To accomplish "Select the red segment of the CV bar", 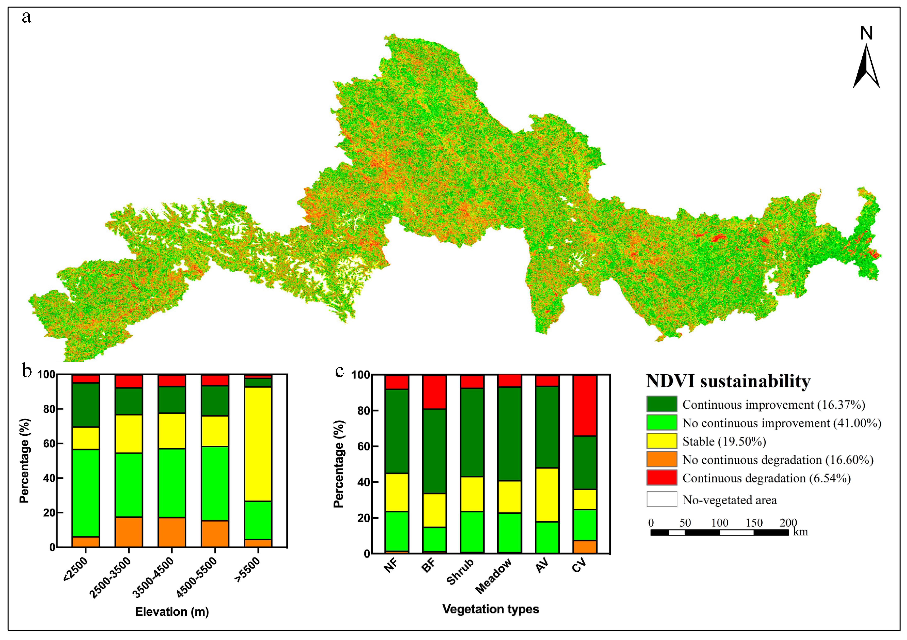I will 585,405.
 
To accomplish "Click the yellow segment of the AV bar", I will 547,495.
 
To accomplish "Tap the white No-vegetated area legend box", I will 662,499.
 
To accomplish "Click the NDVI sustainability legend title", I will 728,381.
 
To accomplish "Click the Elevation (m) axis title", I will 172,612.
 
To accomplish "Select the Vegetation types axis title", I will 491,609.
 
